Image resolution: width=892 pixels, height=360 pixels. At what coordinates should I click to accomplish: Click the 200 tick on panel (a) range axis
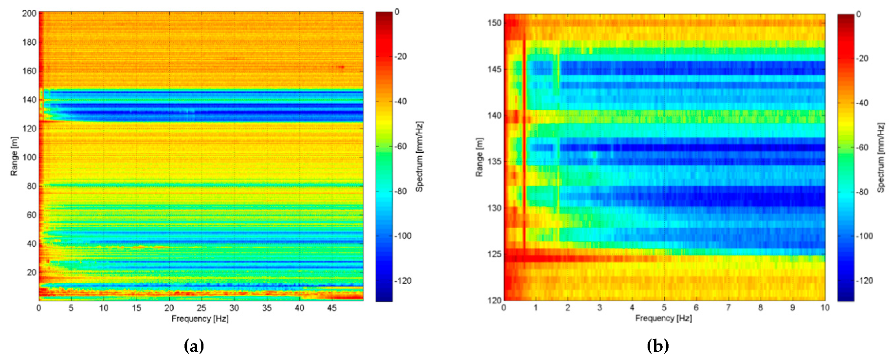[x=29, y=13]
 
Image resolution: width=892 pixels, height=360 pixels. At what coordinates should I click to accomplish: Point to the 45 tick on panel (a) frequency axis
[x=331, y=308]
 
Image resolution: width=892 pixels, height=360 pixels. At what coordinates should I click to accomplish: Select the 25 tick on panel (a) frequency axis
[x=201, y=308]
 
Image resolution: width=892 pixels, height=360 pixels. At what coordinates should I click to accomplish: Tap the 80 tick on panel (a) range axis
[x=31, y=186]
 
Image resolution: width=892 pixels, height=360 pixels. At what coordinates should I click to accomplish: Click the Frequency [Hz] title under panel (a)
[x=200, y=319]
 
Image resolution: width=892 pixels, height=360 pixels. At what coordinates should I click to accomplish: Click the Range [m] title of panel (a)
[x=14, y=156]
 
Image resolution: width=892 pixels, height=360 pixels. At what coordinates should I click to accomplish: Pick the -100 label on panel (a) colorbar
[x=403, y=236]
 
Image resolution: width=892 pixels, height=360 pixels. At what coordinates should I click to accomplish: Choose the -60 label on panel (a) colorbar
[x=401, y=146]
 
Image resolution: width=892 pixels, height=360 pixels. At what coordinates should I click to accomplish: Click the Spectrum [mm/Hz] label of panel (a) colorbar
[x=419, y=156]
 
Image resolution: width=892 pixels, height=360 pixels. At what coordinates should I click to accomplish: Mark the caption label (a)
[x=194, y=346]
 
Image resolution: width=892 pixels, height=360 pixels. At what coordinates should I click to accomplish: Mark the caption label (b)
[x=657, y=346]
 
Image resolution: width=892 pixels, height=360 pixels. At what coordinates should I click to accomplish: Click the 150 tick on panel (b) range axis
[x=494, y=23]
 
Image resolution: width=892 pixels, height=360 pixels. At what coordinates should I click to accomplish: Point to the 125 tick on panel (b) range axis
[x=494, y=254]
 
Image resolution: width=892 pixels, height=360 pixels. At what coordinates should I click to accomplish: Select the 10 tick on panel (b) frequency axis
[x=825, y=307]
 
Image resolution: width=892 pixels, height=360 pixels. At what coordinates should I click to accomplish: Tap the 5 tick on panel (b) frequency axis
[x=664, y=307]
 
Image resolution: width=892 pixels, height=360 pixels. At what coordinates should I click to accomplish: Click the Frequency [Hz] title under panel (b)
[x=663, y=318]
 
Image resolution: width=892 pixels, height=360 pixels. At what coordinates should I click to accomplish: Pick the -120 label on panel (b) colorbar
[x=865, y=281]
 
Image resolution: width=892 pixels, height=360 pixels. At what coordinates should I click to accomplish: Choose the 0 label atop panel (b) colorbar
[x=858, y=15]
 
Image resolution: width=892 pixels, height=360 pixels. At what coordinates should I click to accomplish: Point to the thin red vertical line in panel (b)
[x=524, y=146]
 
